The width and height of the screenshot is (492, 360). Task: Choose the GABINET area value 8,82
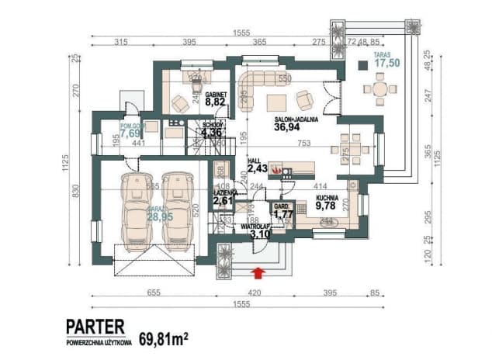pos(216,100)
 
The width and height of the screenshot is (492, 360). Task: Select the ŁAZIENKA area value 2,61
pos(223,200)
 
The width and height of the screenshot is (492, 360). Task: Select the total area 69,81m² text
pos(164,339)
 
